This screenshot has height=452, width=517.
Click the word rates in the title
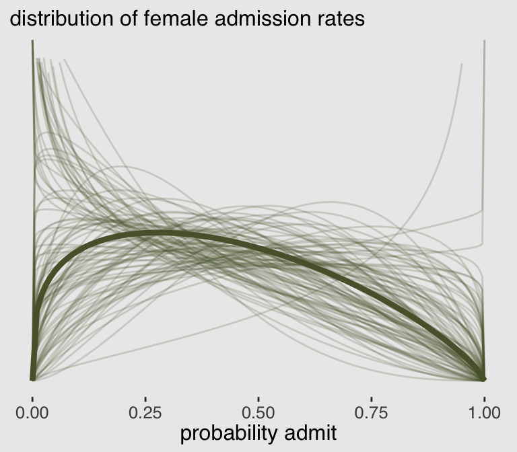[341, 18]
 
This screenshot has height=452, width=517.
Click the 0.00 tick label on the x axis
[32, 411]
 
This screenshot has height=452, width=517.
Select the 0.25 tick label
[145, 411]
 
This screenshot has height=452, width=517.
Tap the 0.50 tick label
[258, 411]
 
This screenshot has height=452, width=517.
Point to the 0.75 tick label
[371, 411]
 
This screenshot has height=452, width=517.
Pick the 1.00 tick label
[484, 411]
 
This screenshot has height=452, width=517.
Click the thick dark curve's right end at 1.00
[484, 377]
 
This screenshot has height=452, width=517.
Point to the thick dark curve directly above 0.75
[371, 297]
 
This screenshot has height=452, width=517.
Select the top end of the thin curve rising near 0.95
[462, 65]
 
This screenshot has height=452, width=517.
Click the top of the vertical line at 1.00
[484, 42]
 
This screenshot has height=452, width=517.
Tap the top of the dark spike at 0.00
[32, 42]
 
